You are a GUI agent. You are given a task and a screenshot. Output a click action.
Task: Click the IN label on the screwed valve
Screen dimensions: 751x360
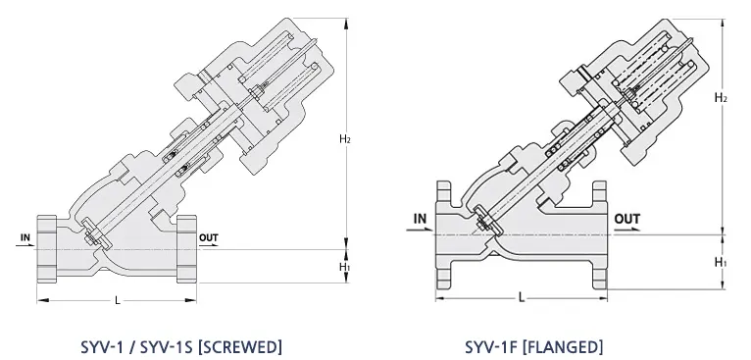pyautogui.click(x=25, y=237)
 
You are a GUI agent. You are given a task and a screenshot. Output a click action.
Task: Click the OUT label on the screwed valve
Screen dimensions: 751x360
pyautogui.click(x=209, y=237)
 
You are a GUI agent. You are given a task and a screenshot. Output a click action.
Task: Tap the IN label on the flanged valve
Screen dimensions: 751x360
pyautogui.click(x=420, y=219)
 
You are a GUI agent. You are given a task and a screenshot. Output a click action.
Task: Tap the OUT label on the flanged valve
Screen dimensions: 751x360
pyautogui.click(x=626, y=219)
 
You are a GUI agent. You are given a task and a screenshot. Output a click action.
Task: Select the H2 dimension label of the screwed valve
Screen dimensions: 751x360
pyautogui.click(x=345, y=139)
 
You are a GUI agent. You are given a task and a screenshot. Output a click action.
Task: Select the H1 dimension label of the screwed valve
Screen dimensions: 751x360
pyautogui.click(x=345, y=267)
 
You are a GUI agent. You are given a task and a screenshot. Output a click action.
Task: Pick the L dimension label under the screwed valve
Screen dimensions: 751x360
pyautogui.click(x=118, y=300)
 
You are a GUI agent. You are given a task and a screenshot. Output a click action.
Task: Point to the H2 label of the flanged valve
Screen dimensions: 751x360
pyautogui.click(x=721, y=98)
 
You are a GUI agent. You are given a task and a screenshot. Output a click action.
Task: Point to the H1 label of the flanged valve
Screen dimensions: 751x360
pyautogui.click(x=721, y=262)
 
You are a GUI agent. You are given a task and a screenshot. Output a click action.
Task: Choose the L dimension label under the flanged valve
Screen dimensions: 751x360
pyautogui.click(x=522, y=297)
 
